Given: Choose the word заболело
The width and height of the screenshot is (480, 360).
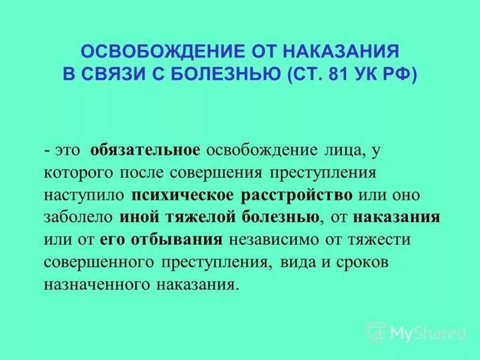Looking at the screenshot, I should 79,217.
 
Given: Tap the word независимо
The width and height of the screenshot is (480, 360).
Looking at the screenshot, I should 273,239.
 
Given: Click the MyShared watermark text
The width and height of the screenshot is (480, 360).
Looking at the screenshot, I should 428,332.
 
